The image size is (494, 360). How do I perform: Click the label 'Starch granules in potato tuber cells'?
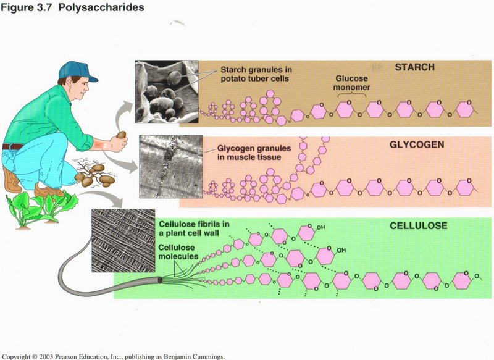pos(254,74)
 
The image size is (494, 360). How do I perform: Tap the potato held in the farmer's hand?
pos(121,135)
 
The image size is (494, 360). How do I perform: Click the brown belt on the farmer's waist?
pos(12,146)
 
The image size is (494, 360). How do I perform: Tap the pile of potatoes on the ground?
pos(96,178)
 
